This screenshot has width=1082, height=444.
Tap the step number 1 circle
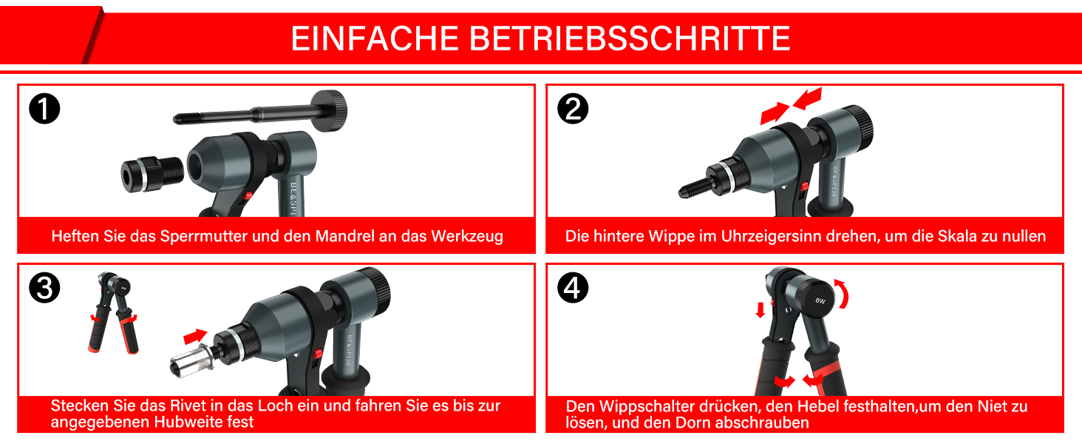coord(44,110)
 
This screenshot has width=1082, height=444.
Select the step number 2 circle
coord(573,110)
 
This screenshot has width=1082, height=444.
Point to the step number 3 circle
coord(44,289)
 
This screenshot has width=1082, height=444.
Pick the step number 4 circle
coord(573,289)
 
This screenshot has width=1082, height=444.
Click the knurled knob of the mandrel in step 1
coord(330,108)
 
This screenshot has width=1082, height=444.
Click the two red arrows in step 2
coord(791,105)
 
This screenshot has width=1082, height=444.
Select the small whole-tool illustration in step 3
coord(113,311)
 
